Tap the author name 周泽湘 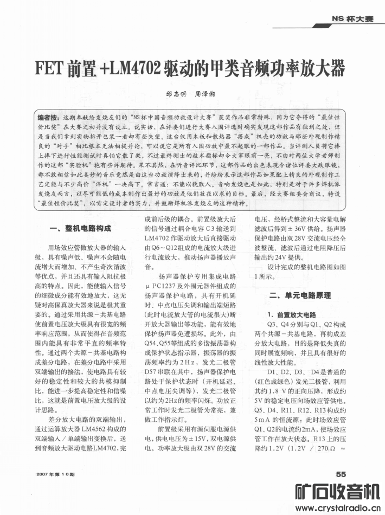coord(206,94)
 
